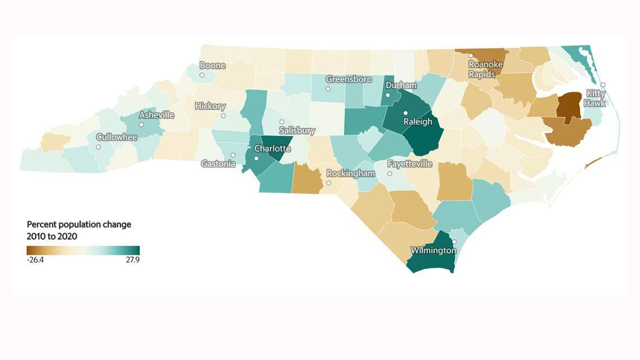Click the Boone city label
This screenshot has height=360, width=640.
(212, 65)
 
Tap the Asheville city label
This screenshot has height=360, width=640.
(157, 115)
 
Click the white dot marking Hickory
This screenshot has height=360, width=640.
(223, 116)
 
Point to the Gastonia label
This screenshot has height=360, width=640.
(219, 164)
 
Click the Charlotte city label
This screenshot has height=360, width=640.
(272, 149)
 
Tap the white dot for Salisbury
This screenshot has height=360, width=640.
(282, 122)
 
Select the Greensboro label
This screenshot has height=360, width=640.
(349, 79)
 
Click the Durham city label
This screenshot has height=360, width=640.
(400, 85)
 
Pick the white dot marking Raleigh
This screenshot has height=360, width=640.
(405, 113)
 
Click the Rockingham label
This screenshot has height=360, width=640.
(350, 174)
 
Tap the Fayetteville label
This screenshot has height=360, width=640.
(410, 164)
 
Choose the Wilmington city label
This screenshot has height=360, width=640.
(433, 250)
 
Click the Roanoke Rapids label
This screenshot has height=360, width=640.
(486, 69)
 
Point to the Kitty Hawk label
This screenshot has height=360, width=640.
(596, 98)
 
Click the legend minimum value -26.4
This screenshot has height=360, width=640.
(35, 260)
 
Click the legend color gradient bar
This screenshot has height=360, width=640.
(83, 250)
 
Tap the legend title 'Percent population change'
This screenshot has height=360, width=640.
(79, 224)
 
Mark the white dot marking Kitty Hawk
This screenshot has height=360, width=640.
(603, 85)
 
